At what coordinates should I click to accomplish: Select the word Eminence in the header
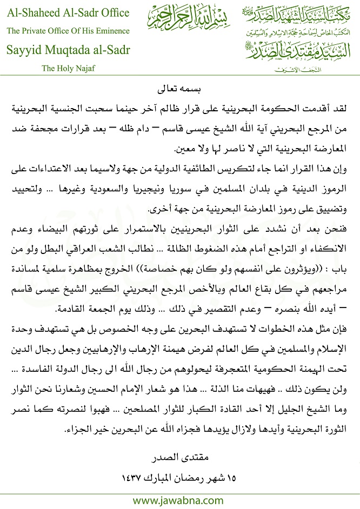point(116,31)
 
